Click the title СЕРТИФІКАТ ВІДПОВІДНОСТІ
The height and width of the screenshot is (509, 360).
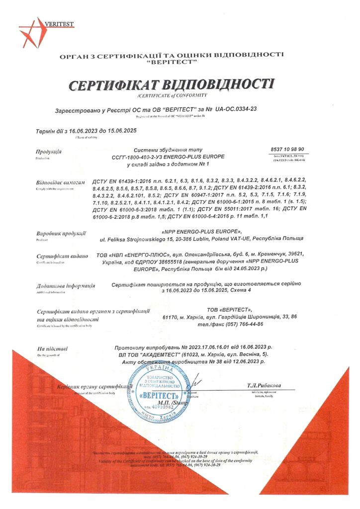172,84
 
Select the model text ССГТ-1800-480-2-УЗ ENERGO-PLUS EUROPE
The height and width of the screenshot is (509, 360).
169,157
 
